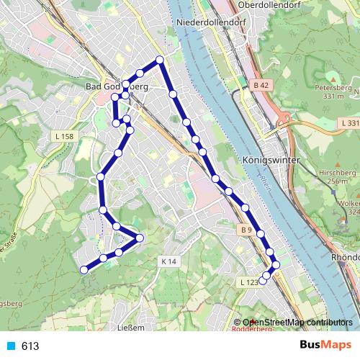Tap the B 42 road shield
tap(260, 85)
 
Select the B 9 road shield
tap(246, 230)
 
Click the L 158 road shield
tap(63, 136)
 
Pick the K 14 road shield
tap(168, 261)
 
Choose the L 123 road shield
tap(248, 282)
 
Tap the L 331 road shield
tap(350, 123)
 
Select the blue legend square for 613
tap(11, 346)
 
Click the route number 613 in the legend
tap(30, 346)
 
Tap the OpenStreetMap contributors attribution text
tap(299, 322)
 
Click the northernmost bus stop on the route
tap(160, 60)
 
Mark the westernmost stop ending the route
tap(84, 270)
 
